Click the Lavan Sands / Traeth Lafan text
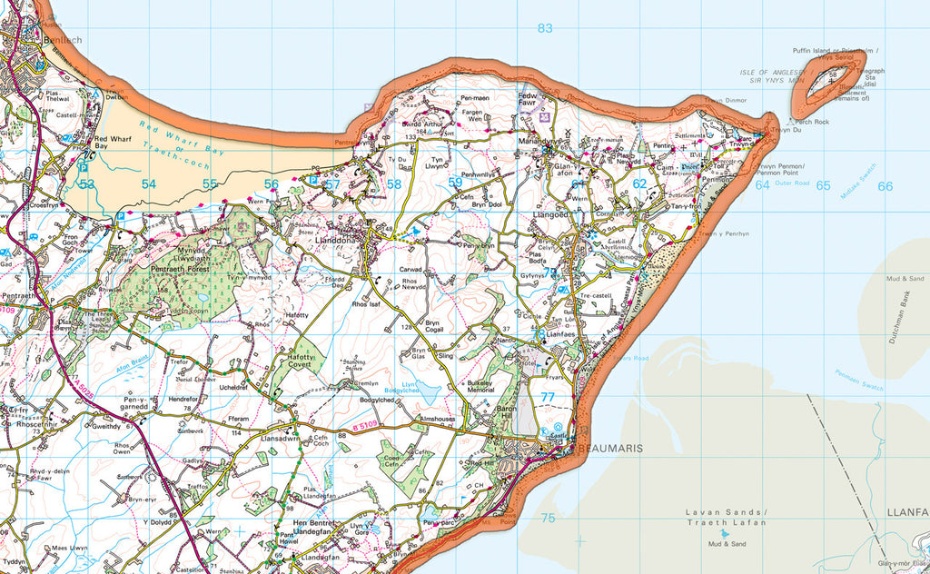point(725,518)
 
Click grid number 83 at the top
point(544,28)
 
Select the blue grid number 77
point(547,397)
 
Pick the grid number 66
point(885,186)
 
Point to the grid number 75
point(547,518)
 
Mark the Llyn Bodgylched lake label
point(421,386)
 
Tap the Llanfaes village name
point(561,334)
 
